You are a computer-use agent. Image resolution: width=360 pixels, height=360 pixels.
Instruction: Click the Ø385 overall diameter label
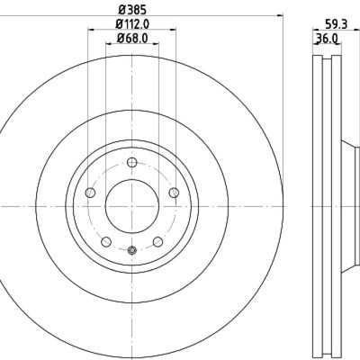[131, 10]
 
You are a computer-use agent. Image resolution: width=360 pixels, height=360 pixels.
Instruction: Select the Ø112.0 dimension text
[131, 24]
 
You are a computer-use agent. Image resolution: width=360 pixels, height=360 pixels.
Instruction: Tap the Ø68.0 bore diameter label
[131, 39]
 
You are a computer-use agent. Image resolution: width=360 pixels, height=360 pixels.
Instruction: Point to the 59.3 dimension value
[336, 25]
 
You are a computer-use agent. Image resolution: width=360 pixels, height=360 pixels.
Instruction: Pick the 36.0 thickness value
[325, 39]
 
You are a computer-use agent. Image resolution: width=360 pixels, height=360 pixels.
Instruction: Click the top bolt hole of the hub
[131, 162]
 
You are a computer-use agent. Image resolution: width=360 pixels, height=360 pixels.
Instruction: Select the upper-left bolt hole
[89, 193]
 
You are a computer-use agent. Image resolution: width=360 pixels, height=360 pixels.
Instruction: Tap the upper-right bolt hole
[174, 193]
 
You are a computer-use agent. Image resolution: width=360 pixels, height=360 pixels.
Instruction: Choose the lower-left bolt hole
[105, 241]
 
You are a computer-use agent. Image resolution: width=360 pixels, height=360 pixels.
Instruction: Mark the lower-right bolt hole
[157, 241]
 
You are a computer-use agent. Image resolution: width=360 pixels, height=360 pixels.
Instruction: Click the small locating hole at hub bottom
[131, 250]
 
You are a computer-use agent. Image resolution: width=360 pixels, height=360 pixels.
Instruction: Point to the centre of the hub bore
[131, 207]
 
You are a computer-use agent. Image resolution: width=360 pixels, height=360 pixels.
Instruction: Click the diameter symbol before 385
[120, 10]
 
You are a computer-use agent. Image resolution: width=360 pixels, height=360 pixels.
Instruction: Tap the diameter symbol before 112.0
[114, 24]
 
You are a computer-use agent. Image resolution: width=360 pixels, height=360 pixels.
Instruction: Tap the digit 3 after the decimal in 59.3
[345, 25]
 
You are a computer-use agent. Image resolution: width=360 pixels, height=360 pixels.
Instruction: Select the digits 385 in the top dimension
[136, 10]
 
